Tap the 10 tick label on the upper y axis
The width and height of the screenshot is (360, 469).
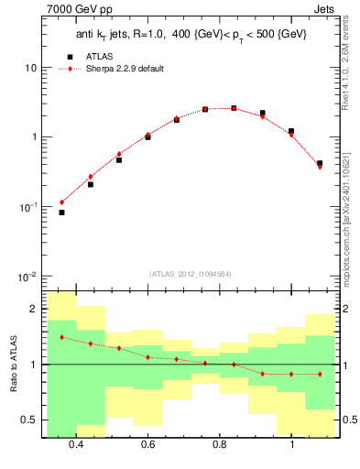tap(31, 69)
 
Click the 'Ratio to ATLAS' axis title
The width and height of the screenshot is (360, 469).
tap(10, 364)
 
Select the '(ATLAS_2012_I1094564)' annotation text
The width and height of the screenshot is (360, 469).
tap(189, 274)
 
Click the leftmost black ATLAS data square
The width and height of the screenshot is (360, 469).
tap(61, 213)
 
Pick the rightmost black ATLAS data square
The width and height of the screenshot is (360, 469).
tap(319, 163)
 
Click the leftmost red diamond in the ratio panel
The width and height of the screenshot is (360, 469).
tap(61, 337)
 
